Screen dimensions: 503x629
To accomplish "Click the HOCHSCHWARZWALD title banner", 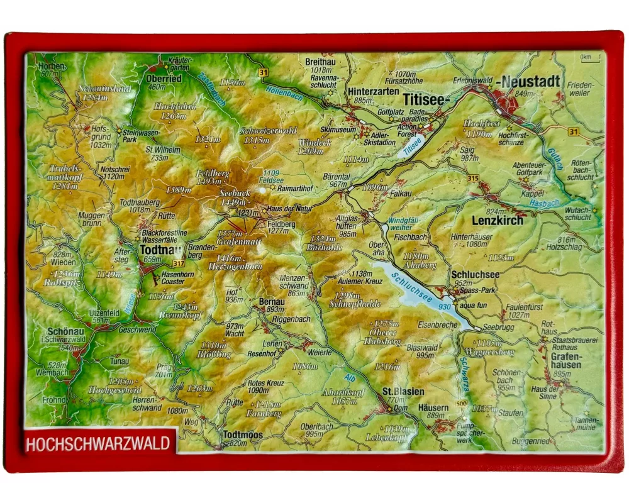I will (97, 443).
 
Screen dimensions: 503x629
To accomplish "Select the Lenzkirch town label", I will (497, 221).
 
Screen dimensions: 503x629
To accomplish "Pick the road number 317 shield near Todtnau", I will (179, 263).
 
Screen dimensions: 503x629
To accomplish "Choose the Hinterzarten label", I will (373, 91).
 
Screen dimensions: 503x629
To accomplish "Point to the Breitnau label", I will (321, 62).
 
